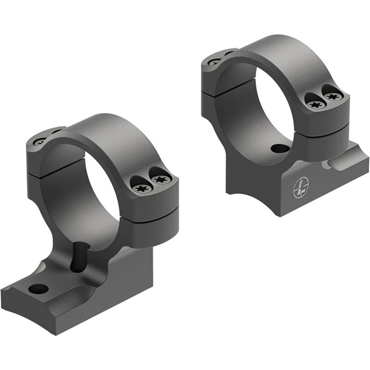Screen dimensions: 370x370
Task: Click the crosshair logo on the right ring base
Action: (x=301, y=187)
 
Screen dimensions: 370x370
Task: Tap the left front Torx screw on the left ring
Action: (x=141, y=188)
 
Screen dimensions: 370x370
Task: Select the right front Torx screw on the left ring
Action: (x=159, y=179)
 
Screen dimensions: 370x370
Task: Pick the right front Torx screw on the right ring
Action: (x=331, y=96)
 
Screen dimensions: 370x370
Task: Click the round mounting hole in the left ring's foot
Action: (x=38, y=288)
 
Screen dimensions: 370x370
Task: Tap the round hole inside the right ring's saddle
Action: (x=280, y=149)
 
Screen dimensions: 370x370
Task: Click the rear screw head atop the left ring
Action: (x=39, y=141)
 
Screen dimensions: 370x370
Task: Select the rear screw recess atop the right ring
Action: (x=214, y=62)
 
